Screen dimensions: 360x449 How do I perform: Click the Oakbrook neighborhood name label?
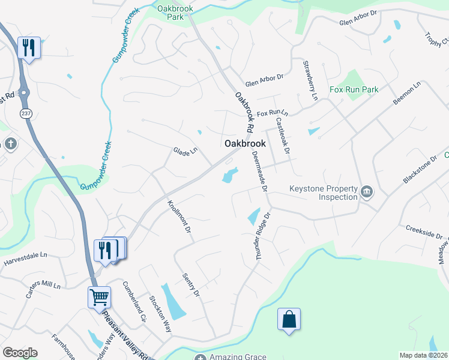(245, 144)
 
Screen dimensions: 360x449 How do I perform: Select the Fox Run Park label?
(354, 89)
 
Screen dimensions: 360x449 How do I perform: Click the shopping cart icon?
(99, 297)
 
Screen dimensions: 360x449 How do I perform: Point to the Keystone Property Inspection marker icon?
(367, 192)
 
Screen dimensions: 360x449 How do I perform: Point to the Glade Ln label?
(185, 152)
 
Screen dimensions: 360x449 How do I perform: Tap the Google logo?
(20, 353)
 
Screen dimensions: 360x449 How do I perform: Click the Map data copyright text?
(423, 355)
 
